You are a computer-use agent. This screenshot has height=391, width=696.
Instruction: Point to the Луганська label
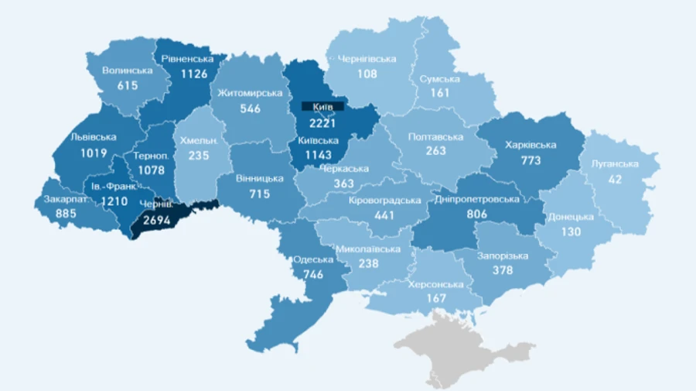[615, 163]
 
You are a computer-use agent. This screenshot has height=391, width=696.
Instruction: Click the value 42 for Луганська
[615, 178]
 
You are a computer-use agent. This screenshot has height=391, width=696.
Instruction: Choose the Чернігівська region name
[367, 59]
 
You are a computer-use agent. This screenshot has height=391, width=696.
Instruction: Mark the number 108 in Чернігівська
[367, 74]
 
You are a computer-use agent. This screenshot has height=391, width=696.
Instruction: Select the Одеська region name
[313, 259]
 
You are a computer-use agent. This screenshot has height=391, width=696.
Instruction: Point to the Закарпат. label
[59, 199]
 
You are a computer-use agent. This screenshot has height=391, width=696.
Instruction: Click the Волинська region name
[127, 70]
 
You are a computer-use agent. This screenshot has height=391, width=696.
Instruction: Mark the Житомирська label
[250, 94]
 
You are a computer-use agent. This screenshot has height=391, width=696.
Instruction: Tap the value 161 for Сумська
[440, 94]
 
